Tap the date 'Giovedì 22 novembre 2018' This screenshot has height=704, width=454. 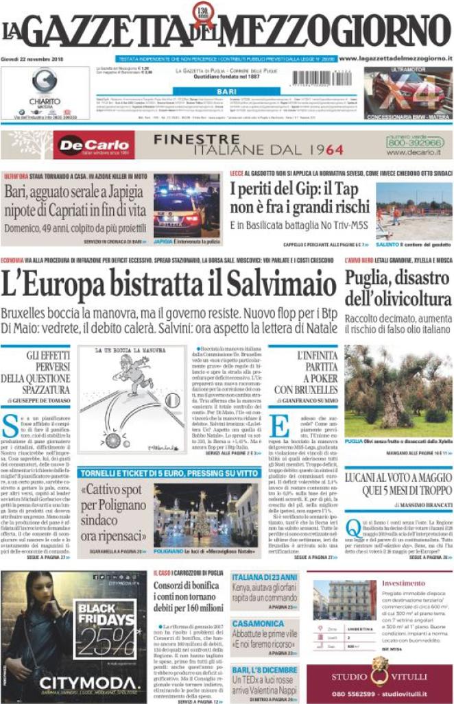point(32,60)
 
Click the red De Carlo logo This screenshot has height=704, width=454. point(94,145)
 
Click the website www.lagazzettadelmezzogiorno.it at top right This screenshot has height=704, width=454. point(395,59)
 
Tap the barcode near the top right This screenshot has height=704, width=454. point(332,77)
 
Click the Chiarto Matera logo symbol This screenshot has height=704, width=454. point(45,81)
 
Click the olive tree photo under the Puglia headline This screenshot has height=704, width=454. point(398,391)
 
